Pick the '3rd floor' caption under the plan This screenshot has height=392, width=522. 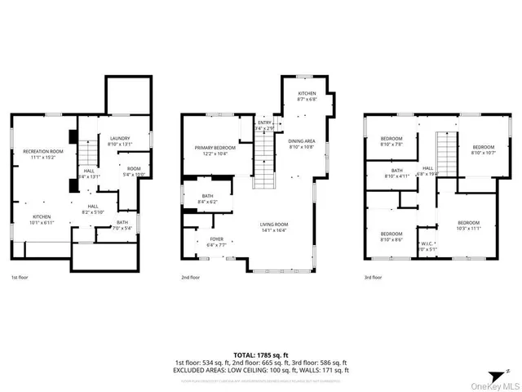click(x=373, y=278)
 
